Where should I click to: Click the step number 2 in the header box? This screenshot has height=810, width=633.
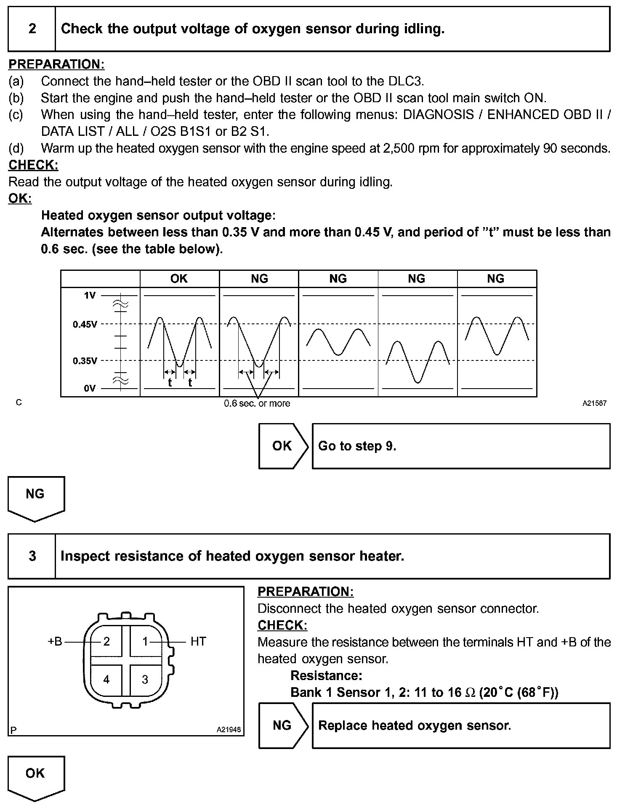pos(32,29)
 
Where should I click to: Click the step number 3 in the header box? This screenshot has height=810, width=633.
pos(32,556)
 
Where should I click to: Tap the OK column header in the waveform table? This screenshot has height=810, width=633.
pos(179,279)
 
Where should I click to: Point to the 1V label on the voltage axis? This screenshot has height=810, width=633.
pos(90,296)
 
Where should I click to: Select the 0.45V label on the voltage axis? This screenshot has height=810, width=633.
pos(85,324)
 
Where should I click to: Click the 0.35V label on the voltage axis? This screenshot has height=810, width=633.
pos(85,361)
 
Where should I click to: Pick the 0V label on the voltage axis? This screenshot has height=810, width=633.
pos(90,389)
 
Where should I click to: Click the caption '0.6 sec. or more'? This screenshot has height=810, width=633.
pos(257,404)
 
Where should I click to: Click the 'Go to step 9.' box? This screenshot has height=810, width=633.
pos(461,446)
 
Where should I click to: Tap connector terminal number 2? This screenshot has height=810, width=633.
pos(106,641)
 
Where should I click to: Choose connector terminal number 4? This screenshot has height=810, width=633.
pos(106,680)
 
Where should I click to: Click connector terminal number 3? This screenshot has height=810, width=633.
pos(145,680)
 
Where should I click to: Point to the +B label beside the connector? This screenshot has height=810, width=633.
pos(55,641)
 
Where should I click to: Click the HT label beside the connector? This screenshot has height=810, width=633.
pos(198,641)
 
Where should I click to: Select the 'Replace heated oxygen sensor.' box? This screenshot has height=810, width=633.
pos(461,725)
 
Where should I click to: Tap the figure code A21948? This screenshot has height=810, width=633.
pos(229,730)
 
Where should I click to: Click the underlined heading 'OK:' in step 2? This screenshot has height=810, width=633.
pos(20,199)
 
